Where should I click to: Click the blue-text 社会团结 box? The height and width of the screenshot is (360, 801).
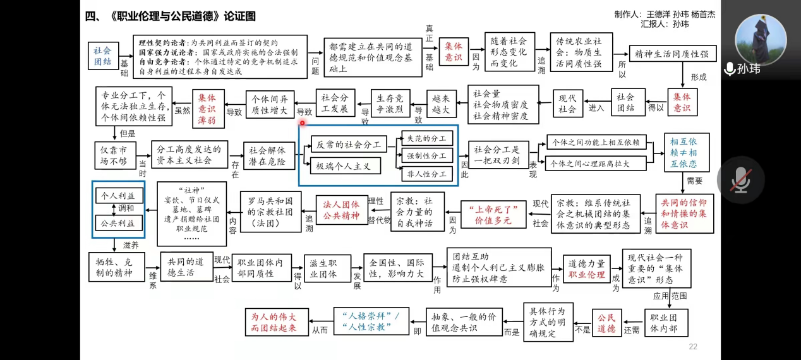pyautogui.click(x=103, y=55)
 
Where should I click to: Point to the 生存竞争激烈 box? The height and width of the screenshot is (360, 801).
pyautogui.click(x=391, y=104)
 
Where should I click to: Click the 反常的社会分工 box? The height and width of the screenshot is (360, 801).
pyautogui.click(x=349, y=145)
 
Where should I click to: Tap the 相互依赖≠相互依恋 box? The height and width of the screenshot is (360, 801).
pyautogui.click(x=686, y=152)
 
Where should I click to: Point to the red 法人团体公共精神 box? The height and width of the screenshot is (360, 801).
pyautogui.click(x=341, y=210)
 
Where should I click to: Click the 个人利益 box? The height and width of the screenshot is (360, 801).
pyautogui.click(x=119, y=195)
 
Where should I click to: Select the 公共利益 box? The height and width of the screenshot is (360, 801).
pyautogui.click(x=119, y=223)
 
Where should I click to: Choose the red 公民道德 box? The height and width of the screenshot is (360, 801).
pyautogui.click(x=606, y=322)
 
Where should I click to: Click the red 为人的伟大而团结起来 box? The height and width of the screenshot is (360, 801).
pyautogui.click(x=274, y=322)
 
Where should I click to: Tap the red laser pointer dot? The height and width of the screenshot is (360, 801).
pyautogui.click(x=303, y=123)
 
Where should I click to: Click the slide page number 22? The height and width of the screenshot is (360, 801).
pyautogui.click(x=693, y=347)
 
